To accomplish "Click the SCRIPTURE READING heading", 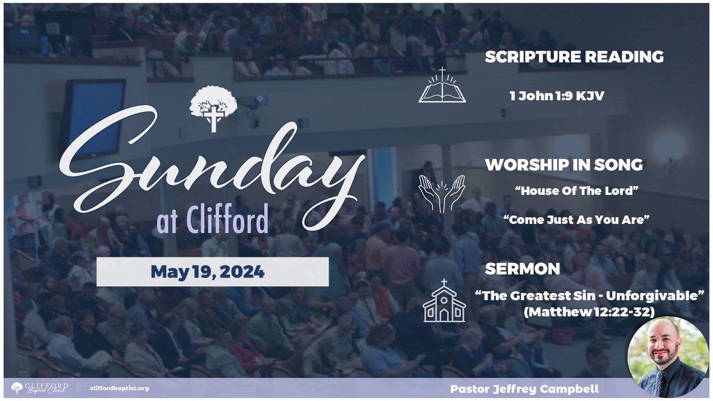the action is [574, 57].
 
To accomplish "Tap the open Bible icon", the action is [442, 85].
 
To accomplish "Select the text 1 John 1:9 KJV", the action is [556, 96].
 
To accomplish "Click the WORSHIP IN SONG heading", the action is [564, 165].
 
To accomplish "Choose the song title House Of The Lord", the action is [577, 190].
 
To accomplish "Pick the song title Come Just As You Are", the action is [577, 219].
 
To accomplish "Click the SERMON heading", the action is [522, 269].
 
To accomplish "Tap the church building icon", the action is [444, 301].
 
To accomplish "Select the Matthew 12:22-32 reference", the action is [589, 312].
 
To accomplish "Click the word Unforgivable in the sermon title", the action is [652, 296].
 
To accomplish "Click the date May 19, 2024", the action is [208, 272].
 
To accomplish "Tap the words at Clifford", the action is [212, 219].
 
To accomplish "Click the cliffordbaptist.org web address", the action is [119, 388].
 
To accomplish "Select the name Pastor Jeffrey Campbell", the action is [525, 389].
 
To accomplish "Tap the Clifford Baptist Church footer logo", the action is [40, 388].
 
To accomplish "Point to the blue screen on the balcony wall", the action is [94, 119].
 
